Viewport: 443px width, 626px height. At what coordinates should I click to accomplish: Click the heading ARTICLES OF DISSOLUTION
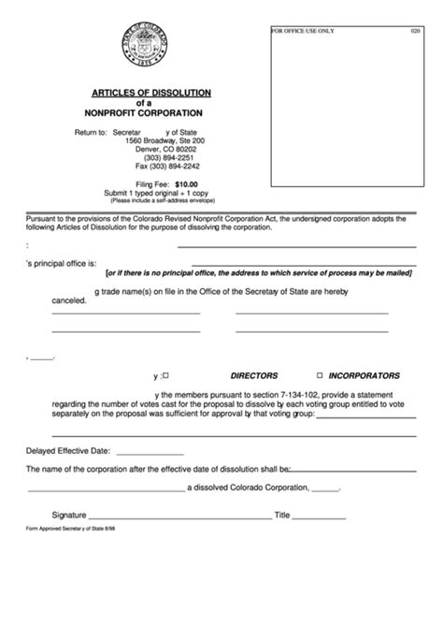[150, 92]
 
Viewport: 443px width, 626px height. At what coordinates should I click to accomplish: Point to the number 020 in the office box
[415, 31]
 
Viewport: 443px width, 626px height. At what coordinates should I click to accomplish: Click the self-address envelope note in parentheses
[162, 200]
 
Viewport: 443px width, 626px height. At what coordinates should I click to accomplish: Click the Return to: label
[91, 132]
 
